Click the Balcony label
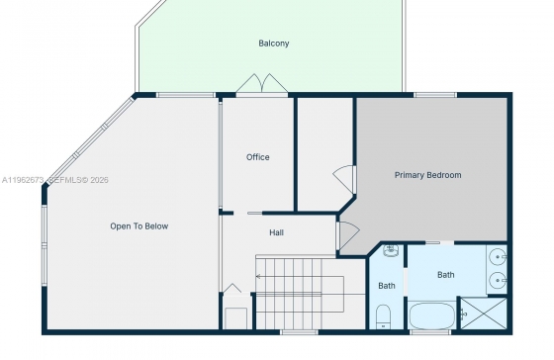(x=274, y=44)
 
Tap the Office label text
(x=258, y=157)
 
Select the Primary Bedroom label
(x=427, y=175)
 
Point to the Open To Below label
(x=139, y=226)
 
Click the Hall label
(x=276, y=232)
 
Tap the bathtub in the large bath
(x=431, y=315)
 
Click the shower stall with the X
(x=484, y=314)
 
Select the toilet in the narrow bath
(x=383, y=316)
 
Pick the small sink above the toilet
(x=391, y=250)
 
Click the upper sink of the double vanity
(x=499, y=257)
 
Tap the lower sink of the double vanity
(x=499, y=281)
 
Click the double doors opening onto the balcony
(x=262, y=84)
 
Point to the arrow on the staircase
(x=300, y=276)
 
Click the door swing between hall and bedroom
(x=348, y=234)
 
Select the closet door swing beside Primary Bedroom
(x=344, y=179)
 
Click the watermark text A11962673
(x=23, y=180)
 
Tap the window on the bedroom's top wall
(x=435, y=95)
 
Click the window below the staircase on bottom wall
(x=299, y=332)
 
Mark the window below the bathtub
(x=430, y=332)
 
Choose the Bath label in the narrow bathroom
(x=387, y=286)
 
